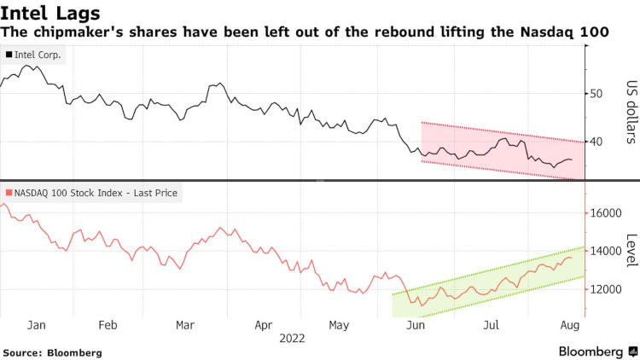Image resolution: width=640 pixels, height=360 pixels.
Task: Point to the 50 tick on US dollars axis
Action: (597, 94)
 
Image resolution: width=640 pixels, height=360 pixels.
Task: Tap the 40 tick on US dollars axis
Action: (597, 142)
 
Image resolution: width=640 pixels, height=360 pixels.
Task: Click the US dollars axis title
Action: (631, 111)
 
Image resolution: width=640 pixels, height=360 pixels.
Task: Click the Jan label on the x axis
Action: (37, 325)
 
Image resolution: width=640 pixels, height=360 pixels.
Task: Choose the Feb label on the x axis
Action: (108, 325)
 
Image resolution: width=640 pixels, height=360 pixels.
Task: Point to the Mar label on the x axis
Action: (184, 325)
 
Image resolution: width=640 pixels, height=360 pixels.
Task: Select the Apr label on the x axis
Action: (264, 325)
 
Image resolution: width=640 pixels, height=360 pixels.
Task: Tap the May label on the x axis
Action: (339, 325)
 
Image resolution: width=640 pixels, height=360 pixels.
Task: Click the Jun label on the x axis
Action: (416, 325)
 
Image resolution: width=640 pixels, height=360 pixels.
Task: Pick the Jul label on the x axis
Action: (492, 325)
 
